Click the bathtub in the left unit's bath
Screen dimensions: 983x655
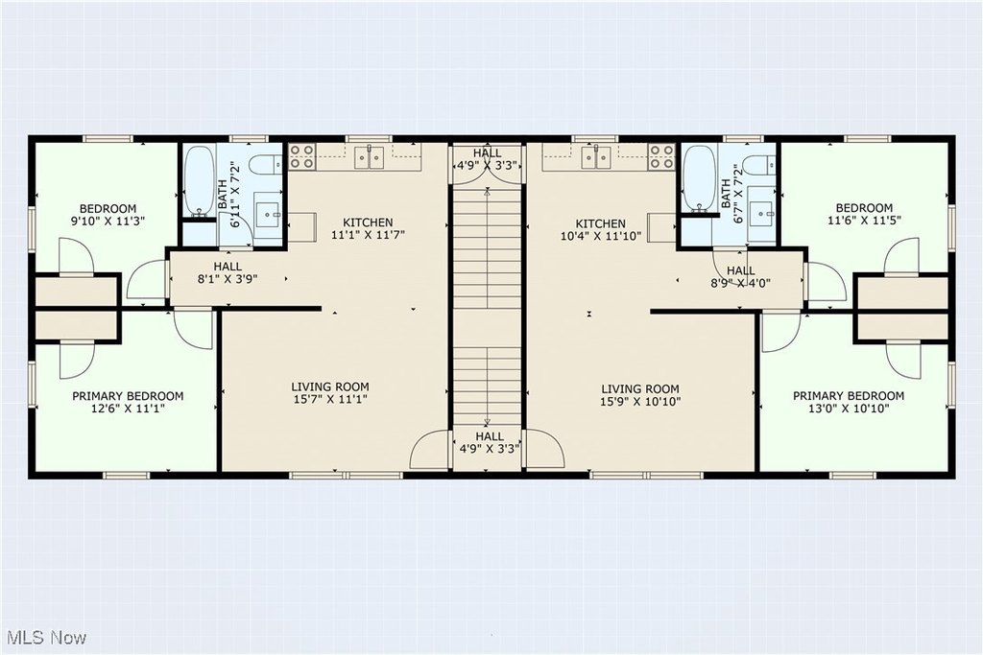point(201,180)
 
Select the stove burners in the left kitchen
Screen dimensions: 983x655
point(302,156)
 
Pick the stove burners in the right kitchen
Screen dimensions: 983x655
point(662,156)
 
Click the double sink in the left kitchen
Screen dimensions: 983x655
point(370,157)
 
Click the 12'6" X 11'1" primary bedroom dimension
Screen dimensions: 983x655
point(128,409)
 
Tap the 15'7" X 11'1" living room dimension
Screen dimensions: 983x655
point(330,399)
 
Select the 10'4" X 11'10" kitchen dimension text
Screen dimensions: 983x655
point(601,236)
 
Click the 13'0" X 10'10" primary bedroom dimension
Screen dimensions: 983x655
point(849,409)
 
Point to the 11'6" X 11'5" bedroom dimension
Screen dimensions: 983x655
point(864,220)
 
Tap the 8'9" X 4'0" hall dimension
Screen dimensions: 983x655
point(740,282)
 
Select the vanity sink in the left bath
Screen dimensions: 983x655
point(269,213)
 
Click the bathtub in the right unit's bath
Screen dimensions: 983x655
point(699,177)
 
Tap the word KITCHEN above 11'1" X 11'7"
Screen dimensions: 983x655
point(368,222)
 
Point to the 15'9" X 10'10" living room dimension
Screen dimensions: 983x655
point(640,402)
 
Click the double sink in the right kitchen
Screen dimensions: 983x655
point(595,157)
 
